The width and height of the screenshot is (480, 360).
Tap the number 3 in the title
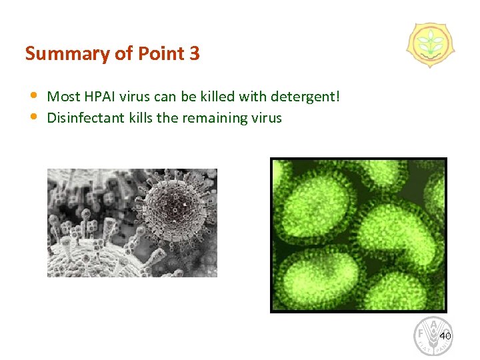click(x=194, y=53)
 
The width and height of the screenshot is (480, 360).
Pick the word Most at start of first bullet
click(x=63, y=97)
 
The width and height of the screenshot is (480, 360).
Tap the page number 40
click(x=445, y=336)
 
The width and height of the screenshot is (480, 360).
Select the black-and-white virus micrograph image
click(x=132, y=223)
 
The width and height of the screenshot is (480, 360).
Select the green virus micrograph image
click(x=358, y=235)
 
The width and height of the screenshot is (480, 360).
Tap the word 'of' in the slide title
click(x=122, y=53)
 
